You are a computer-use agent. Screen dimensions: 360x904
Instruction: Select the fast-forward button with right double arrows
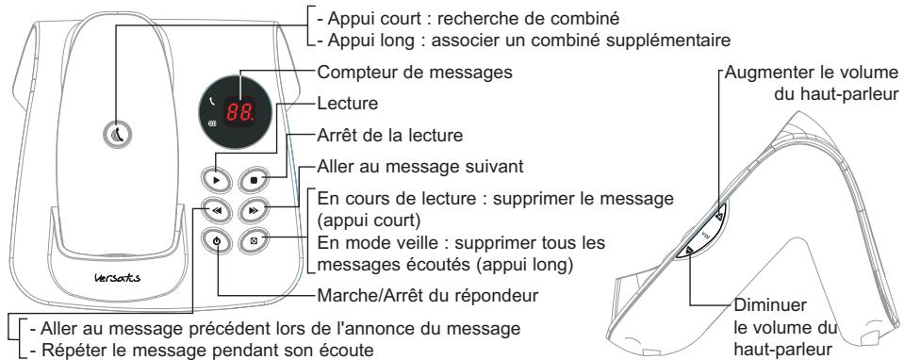pyautogui.click(x=254, y=209)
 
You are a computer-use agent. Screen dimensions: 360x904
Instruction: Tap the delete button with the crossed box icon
pyautogui.click(x=254, y=241)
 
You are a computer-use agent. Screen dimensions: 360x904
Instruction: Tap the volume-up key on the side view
pyautogui.click(x=721, y=216)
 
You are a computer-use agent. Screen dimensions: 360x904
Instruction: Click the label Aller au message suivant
pyautogui.click(x=393, y=166)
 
